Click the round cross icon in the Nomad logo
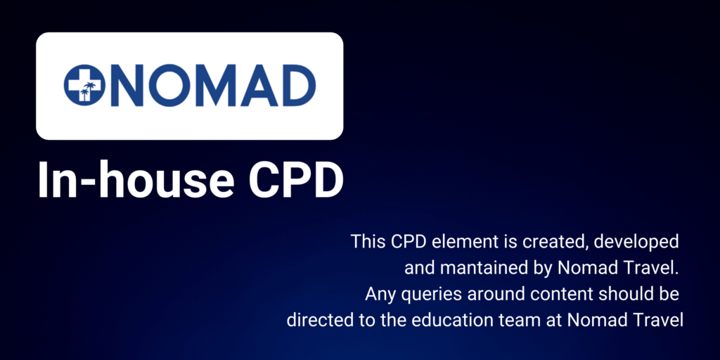(83, 85)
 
